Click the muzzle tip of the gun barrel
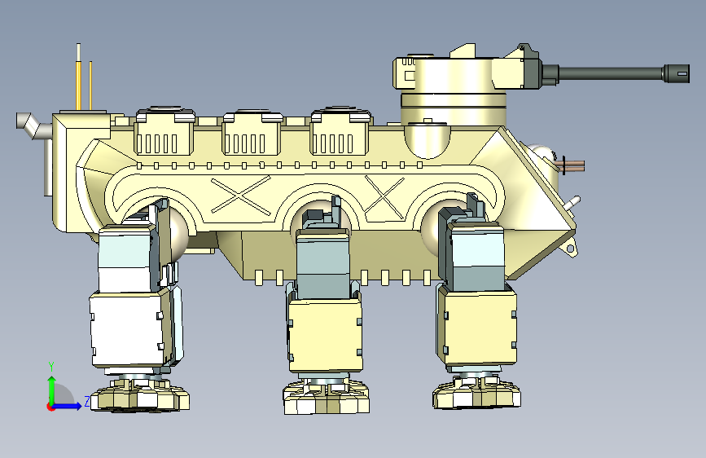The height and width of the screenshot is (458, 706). pyautogui.click(x=688, y=73)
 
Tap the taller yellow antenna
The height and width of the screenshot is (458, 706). pyautogui.click(x=79, y=77)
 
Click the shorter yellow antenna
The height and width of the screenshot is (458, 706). pyautogui.click(x=90, y=86)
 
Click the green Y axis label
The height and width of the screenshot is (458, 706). pyautogui.click(x=51, y=367)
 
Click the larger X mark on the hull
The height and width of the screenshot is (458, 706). pyautogui.click(x=241, y=194)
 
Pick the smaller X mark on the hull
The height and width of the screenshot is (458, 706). pyautogui.click(x=384, y=197)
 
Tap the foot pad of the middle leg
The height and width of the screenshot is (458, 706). pyautogui.click(x=327, y=397)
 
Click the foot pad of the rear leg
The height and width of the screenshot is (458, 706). pyautogui.click(x=139, y=395)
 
